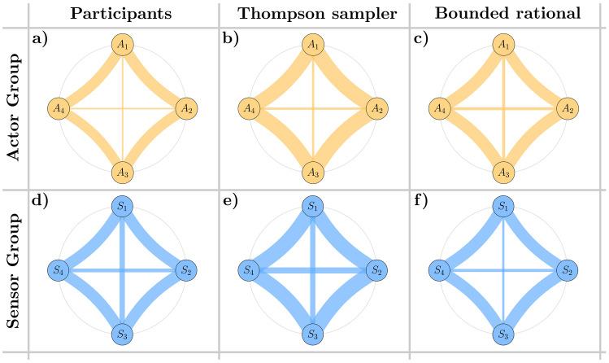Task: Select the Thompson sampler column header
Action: pyautogui.click(x=312, y=13)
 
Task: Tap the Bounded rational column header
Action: pyautogui.click(x=504, y=13)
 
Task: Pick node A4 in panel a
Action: pyautogui.click(x=59, y=107)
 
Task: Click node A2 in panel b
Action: pyautogui.click(x=376, y=107)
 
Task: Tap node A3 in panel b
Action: pyautogui.click(x=313, y=172)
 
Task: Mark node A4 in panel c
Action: pyautogui.click(x=440, y=107)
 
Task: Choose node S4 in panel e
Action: pyautogui.click(x=249, y=270)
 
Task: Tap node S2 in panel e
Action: pyautogui.click(x=376, y=270)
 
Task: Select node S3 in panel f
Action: pyautogui.click(x=504, y=335)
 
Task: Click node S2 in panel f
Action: pyautogui.click(x=568, y=270)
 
